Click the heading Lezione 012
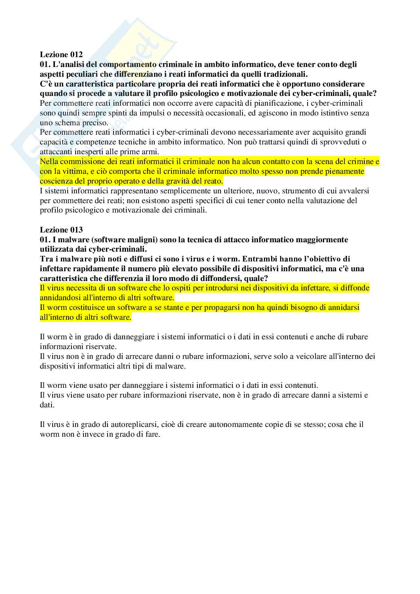(61, 54)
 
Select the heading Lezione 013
(61, 229)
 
